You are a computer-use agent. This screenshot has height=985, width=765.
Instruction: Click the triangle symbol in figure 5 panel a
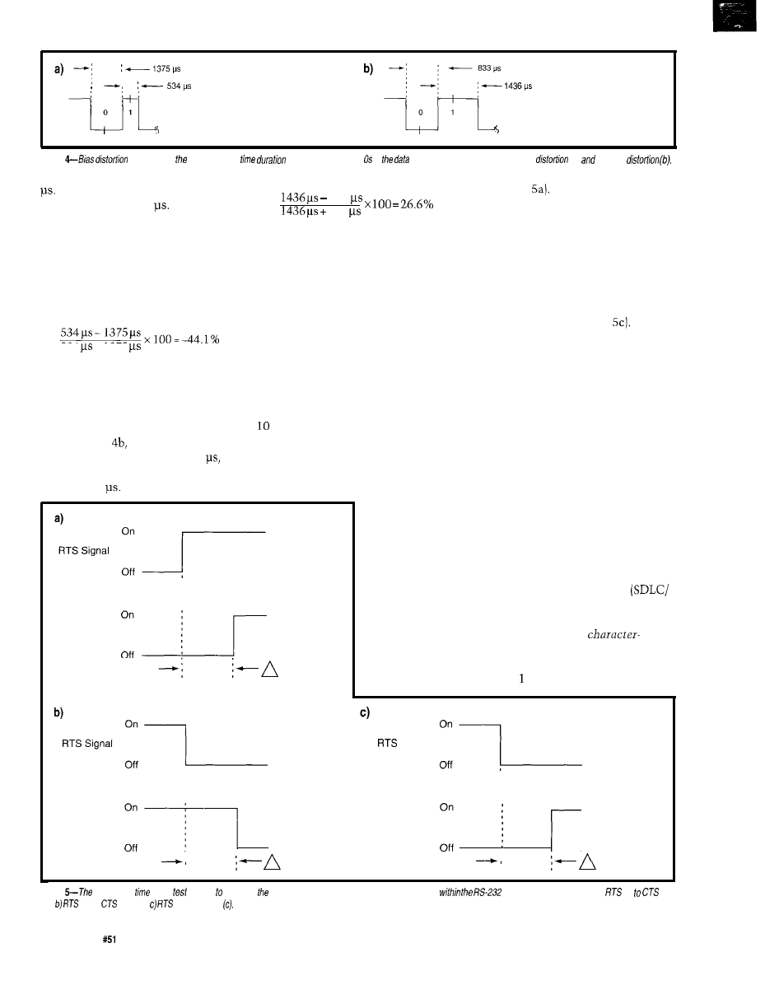[x=268, y=670]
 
